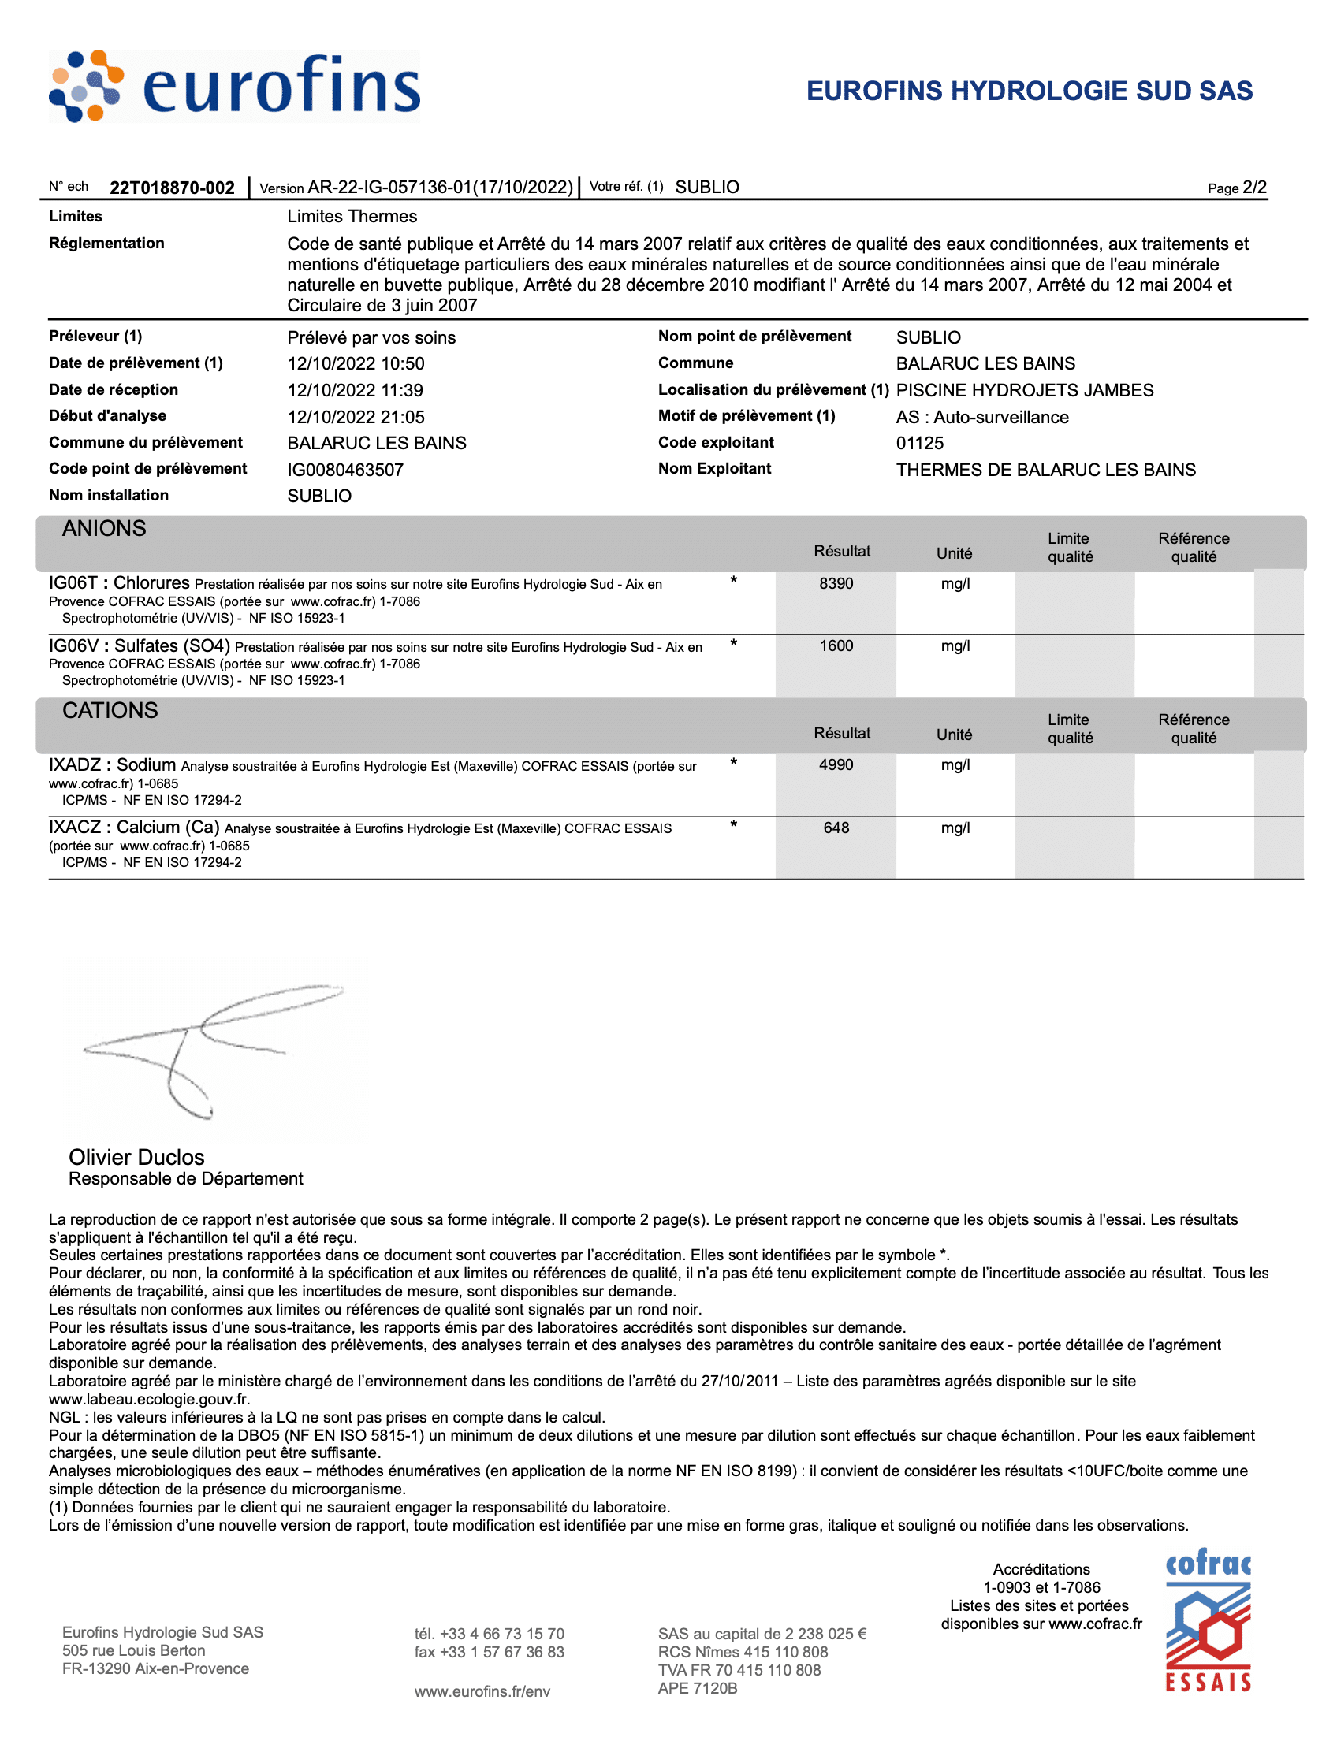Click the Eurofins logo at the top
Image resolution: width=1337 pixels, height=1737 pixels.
pyautogui.click(x=235, y=87)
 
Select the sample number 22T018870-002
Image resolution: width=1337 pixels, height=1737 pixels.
pyautogui.click(x=172, y=188)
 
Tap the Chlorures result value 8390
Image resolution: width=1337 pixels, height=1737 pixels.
pyautogui.click(x=836, y=584)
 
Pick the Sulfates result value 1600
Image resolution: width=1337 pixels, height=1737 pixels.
pyautogui.click(x=836, y=645)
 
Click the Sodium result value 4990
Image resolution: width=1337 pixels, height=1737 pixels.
pyautogui.click(x=836, y=765)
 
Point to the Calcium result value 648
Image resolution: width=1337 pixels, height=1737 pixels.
pyautogui.click(x=836, y=828)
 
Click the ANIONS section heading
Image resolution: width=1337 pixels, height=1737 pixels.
pyautogui.click(x=104, y=529)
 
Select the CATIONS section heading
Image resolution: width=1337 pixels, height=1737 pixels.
pyautogui.click(x=110, y=711)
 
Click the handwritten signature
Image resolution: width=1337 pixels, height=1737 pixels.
pyautogui.click(x=207, y=1042)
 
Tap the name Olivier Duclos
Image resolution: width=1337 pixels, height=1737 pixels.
pyautogui.click(x=136, y=1157)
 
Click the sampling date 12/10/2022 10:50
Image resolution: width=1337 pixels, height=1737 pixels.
pyautogui.click(x=356, y=363)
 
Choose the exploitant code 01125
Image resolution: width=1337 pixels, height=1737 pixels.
pyautogui.click(x=919, y=443)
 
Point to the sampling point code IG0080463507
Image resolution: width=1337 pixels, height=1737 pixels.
pyautogui.click(x=345, y=470)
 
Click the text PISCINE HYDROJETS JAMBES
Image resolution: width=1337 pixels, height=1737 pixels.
pyautogui.click(x=1024, y=390)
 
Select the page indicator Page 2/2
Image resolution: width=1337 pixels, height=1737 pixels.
pyautogui.click(x=1236, y=188)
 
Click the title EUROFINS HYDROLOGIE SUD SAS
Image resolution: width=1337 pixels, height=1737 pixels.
pyautogui.click(x=1030, y=91)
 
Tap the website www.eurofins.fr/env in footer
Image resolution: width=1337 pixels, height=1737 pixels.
pyautogui.click(x=482, y=1691)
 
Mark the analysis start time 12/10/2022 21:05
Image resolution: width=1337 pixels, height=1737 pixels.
pyautogui.click(x=356, y=417)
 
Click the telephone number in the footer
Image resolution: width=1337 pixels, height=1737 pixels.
pyautogui.click(x=489, y=1634)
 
